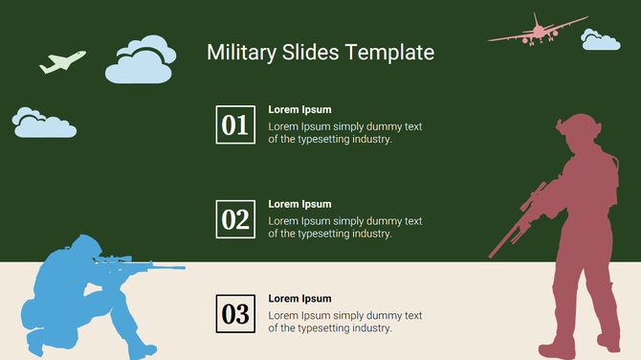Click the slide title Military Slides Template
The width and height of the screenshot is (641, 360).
(320, 53)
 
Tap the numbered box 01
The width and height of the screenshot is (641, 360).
(235, 124)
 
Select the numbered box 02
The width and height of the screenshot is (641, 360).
(235, 219)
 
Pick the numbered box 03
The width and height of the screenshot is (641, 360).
(235, 313)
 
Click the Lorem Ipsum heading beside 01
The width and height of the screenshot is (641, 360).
(299, 109)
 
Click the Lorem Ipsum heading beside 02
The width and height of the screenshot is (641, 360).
(299, 204)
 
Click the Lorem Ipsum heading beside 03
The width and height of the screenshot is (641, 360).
(299, 299)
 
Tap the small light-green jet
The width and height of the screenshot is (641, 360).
(62, 62)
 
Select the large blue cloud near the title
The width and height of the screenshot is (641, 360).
(140, 60)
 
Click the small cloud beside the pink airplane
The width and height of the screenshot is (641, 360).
(600, 40)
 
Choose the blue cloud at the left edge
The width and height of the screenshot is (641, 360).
(43, 122)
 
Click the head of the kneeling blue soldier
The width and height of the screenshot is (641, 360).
(82, 247)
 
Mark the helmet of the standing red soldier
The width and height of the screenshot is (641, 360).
(576, 126)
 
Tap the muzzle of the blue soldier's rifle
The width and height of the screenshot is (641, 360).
(180, 269)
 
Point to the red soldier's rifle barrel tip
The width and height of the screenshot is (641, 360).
(492, 256)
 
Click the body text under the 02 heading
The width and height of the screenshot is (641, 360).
(344, 227)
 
